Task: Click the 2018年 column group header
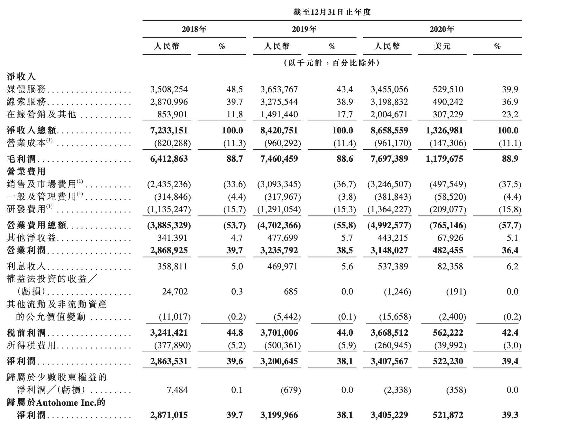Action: point(194,29)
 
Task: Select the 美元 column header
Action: point(442,46)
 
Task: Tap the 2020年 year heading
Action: point(442,29)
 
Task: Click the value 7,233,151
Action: point(169,131)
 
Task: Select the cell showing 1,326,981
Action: point(444,131)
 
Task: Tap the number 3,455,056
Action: point(389,89)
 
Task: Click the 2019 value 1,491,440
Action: point(279,114)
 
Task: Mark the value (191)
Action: point(456,292)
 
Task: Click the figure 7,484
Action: point(177,390)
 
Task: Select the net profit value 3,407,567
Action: point(389,361)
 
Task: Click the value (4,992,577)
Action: point(389,225)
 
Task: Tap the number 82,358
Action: point(450,267)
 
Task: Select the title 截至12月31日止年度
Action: point(332,12)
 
